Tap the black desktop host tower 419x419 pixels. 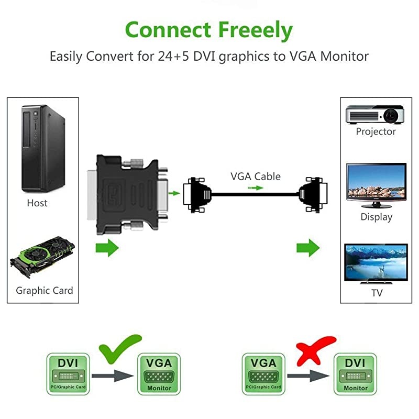tap(42, 149)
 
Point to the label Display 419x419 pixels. tap(376, 216)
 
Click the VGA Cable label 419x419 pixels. tap(256, 177)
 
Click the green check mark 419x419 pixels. tap(120, 348)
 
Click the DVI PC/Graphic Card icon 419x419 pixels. tap(68, 373)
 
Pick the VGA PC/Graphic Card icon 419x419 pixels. tap(263, 373)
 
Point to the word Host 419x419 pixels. tap(37, 203)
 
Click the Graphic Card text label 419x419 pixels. tap(45, 290)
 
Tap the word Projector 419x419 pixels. tap(376, 131)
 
